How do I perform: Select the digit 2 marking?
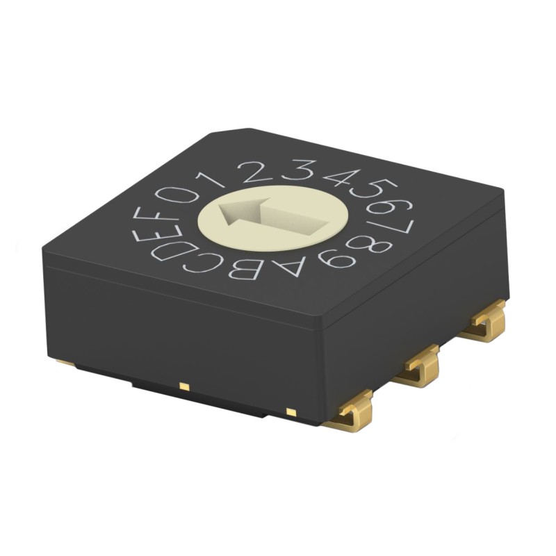(258, 170)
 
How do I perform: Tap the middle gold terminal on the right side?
(421, 365)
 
